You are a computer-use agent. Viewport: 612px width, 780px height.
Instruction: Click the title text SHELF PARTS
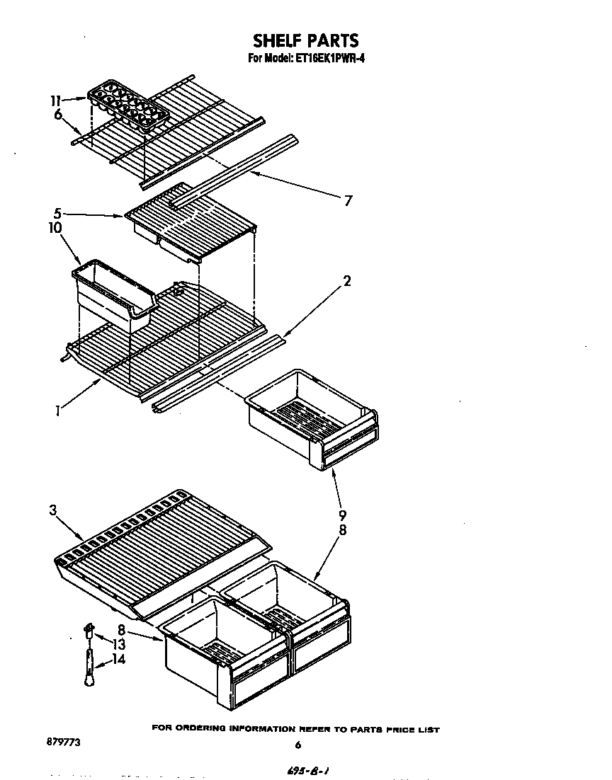(x=306, y=40)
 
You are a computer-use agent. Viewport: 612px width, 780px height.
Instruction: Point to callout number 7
(x=347, y=200)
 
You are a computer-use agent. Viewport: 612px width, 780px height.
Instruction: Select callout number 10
(x=55, y=228)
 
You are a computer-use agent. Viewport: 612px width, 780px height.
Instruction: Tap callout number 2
(x=346, y=280)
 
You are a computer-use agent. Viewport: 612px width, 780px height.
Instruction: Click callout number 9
(x=342, y=515)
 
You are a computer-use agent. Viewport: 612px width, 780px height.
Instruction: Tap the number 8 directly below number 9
(x=342, y=530)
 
